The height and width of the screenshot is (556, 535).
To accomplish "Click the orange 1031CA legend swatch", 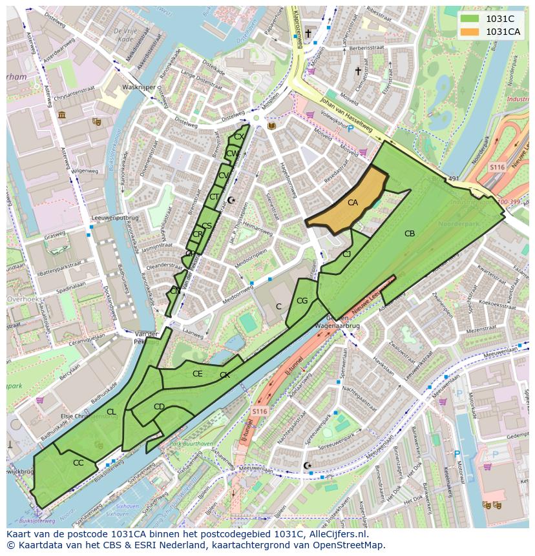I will [x=470, y=32].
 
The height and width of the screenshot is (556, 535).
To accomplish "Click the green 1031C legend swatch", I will [x=470, y=19].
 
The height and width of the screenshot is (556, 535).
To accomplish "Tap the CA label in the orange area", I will [x=353, y=203].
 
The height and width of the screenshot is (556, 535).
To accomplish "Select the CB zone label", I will [x=410, y=234].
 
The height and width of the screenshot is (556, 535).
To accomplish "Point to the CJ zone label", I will [x=347, y=254].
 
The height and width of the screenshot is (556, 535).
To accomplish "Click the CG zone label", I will [x=302, y=301].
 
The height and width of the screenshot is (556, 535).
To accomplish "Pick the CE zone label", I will [x=198, y=374].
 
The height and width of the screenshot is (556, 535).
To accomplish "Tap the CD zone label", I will [x=159, y=407].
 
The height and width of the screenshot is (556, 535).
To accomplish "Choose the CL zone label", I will [x=111, y=412].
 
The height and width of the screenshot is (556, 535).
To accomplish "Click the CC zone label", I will [x=78, y=463].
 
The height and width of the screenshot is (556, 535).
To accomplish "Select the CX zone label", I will [x=238, y=137].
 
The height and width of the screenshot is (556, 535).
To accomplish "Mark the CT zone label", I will [x=214, y=197].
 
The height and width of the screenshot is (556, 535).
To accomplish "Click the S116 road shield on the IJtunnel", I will [x=259, y=411].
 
